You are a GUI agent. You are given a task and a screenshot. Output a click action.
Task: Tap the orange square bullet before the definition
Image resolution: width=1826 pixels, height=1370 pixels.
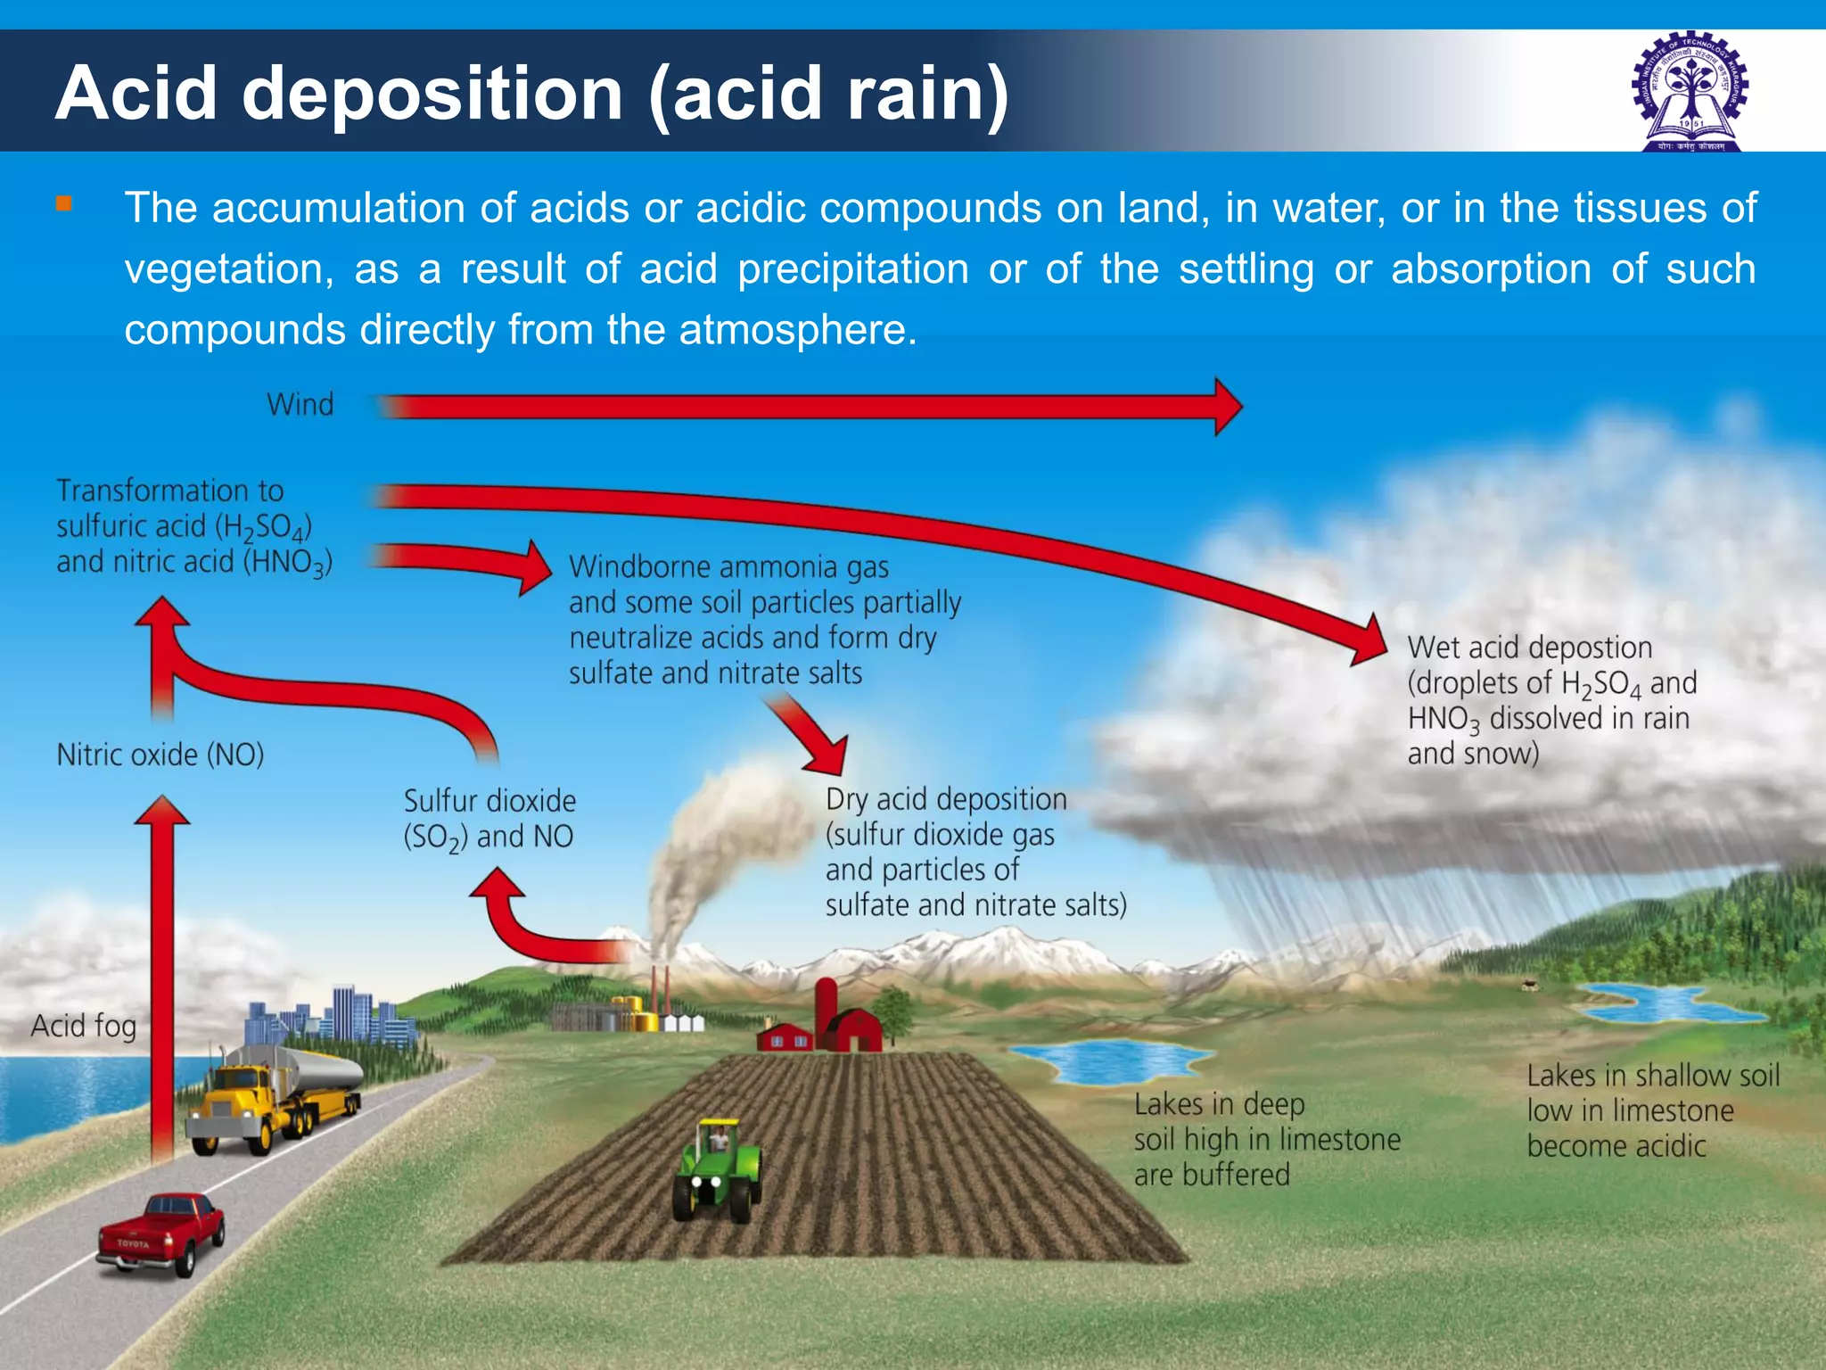point(63,203)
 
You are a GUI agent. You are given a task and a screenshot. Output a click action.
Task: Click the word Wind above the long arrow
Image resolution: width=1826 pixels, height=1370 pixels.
point(300,404)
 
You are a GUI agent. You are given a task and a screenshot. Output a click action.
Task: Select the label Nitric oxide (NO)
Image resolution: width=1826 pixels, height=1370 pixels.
point(160,755)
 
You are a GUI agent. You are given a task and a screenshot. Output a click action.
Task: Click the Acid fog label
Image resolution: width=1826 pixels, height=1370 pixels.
point(83,1026)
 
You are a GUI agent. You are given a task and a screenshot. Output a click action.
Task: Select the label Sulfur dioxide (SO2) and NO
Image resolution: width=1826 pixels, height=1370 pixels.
point(489,818)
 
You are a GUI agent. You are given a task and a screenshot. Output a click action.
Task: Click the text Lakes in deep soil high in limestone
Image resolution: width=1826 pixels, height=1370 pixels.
point(1266,1139)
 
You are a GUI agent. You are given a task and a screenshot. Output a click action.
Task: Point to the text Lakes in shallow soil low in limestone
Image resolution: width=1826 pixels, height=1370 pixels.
point(1652,1110)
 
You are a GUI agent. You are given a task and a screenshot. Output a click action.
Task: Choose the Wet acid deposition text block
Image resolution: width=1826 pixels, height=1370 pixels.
point(1551,700)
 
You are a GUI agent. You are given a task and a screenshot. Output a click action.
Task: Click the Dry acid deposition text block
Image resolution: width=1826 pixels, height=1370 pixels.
point(975,852)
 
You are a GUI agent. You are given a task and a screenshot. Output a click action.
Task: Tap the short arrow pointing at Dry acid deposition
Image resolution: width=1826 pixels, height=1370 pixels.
point(811,736)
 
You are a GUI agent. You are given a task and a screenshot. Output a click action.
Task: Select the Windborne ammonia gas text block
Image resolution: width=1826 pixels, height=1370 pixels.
point(765,620)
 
